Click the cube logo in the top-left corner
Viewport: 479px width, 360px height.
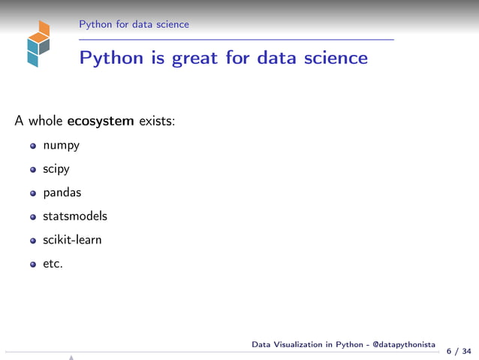(x=37, y=44)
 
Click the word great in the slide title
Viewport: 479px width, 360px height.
(x=195, y=57)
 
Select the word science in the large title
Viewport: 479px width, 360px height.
(x=333, y=57)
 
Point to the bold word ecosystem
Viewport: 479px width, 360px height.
(x=101, y=120)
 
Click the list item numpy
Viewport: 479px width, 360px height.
(x=61, y=145)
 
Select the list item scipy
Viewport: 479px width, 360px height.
(x=56, y=169)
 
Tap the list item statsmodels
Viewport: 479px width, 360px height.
(x=75, y=216)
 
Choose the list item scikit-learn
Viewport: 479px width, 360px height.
(x=72, y=240)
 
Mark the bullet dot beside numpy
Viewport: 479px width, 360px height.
(x=33, y=146)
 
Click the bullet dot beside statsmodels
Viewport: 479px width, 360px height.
(x=33, y=217)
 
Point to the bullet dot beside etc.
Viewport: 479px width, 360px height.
(x=33, y=265)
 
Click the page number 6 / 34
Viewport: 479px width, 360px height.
(x=459, y=351)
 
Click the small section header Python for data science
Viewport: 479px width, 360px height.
(x=134, y=24)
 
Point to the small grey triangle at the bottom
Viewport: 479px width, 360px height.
(x=71, y=357)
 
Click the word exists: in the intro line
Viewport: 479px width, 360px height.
(x=157, y=120)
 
